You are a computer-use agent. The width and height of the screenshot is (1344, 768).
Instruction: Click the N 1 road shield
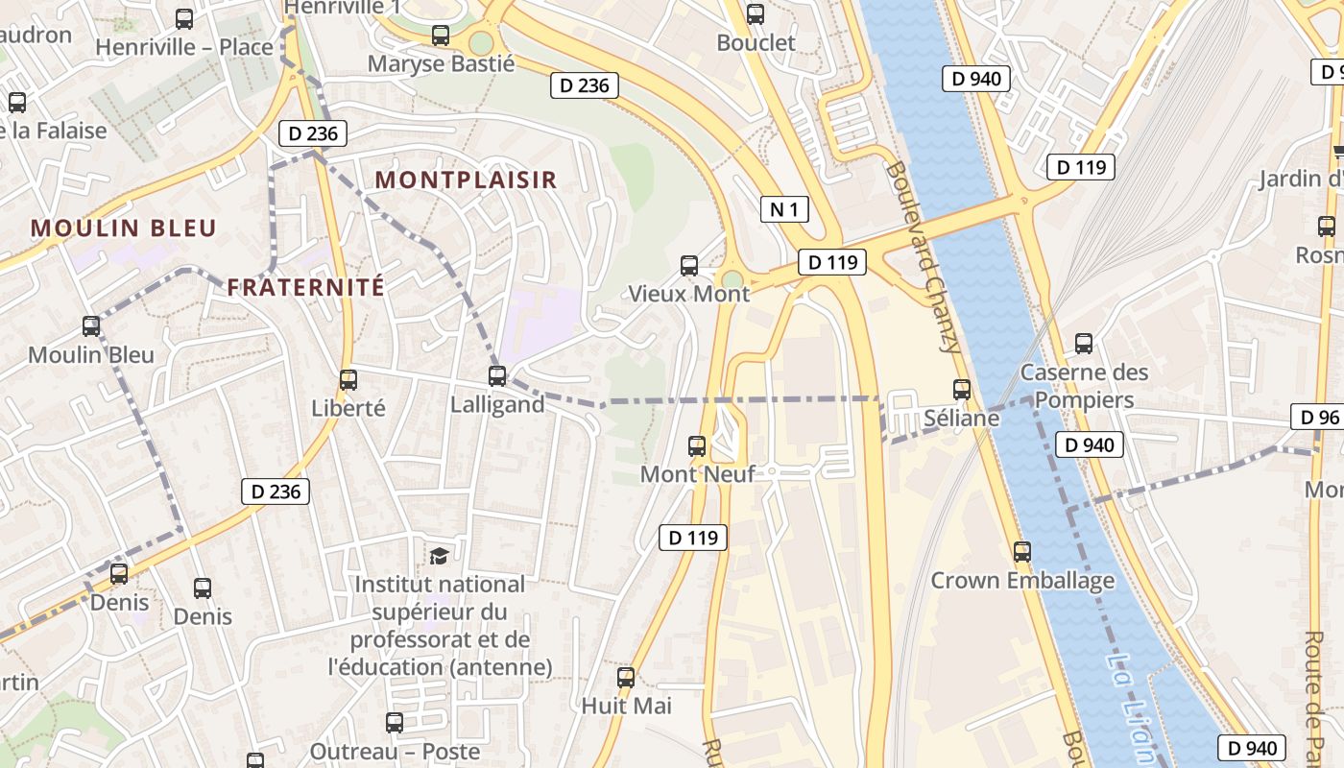click(784, 209)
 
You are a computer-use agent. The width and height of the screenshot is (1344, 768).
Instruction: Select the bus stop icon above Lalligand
click(497, 375)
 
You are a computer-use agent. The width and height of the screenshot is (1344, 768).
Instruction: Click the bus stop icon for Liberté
click(348, 380)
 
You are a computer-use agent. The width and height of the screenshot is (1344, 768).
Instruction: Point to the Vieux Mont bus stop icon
click(689, 266)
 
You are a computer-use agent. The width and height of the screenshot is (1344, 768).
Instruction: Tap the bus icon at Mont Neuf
click(697, 445)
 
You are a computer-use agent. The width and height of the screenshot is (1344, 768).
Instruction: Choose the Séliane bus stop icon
click(962, 390)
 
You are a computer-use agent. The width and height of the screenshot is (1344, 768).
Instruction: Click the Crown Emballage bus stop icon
click(1022, 552)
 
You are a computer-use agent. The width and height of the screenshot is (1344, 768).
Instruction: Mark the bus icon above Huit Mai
click(626, 678)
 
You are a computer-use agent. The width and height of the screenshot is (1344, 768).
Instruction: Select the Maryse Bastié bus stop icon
click(441, 36)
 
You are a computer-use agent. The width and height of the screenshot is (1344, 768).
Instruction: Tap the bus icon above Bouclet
click(756, 14)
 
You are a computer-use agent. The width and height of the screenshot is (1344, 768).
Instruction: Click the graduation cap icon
click(439, 556)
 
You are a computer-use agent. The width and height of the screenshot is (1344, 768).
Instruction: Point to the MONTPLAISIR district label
click(466, 180)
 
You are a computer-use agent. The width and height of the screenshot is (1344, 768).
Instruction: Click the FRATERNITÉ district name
click(306, 286)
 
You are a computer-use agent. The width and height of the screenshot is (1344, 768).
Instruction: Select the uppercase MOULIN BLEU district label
click(124, 228)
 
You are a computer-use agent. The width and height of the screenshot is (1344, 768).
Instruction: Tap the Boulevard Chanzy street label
click(924, 256)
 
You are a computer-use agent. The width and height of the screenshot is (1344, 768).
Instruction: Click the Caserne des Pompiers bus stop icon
click(1084, 343)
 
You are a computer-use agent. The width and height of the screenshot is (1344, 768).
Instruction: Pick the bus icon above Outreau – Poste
click(395, 723)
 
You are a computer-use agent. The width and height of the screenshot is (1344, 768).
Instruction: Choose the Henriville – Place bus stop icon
click(184, 18)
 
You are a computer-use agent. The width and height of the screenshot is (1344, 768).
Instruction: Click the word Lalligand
click(497, 404)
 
